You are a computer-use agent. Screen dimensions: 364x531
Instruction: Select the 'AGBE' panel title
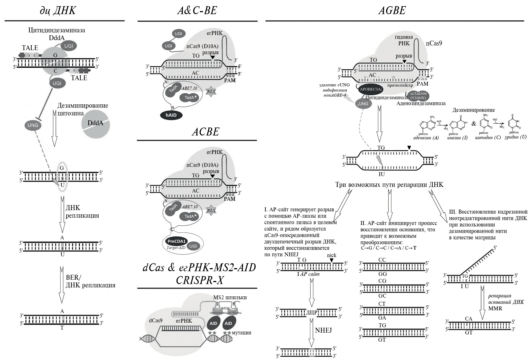392,11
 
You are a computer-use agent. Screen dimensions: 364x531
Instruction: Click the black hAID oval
171,115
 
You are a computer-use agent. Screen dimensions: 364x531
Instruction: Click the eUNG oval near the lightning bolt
363,104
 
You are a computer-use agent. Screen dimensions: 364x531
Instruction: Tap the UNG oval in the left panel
33,125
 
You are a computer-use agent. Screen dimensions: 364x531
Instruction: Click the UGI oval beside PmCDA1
193,246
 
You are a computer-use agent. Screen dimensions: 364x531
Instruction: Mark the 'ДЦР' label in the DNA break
312,313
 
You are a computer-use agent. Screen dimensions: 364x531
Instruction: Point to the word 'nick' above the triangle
331,255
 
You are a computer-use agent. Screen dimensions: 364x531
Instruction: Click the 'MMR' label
495,308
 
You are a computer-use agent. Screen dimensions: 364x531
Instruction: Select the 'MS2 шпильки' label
230,297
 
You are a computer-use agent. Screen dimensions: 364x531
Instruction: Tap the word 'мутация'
241,332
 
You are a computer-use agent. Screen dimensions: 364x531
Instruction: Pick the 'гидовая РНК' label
404,40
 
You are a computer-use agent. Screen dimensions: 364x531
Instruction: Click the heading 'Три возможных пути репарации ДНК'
389,185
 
